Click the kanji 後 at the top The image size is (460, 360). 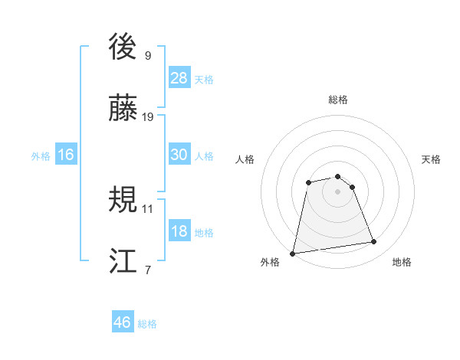coord(123,47)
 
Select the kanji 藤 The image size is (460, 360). coord(123,108)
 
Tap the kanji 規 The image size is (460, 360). coord(123,201)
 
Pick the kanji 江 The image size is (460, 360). coord(123,261)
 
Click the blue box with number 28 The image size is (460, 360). coord(179,78)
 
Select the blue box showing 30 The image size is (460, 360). coord(179,155)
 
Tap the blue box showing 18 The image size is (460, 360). coord(179,231)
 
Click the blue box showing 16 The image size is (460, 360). coord(66,155)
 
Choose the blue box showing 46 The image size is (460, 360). coord(123,322)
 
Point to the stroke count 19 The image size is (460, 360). coord(148,116)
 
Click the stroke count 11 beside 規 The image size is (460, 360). coord(148,208)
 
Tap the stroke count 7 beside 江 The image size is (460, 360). coord(148,270)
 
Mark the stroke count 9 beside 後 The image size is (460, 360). coord(148,55)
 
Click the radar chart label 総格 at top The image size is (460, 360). coord(337,100)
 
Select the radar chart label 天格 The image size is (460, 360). coord(431,159)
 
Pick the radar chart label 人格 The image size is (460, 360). coord(245,159)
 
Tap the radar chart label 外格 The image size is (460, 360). coord(270,262)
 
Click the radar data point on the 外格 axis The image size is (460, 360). coord(293,253)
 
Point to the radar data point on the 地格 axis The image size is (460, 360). coord(374,242)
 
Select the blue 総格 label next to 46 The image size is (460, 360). coord(147,324)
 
